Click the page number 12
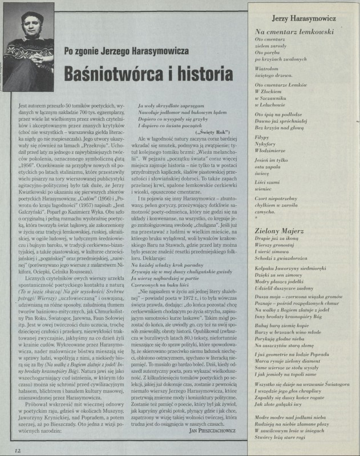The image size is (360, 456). [18, 450]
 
